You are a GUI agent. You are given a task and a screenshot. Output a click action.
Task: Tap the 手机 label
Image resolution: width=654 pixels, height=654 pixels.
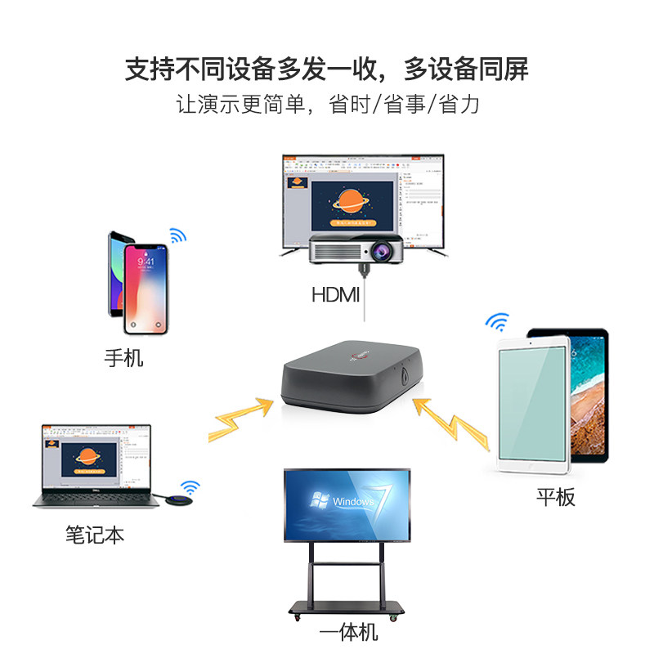(x=123, y=358)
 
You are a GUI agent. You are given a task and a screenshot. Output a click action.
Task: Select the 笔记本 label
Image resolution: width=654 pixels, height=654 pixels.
(x=95, y=535)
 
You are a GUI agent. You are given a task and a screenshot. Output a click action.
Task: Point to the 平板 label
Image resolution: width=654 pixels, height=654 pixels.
(x=556, y=496)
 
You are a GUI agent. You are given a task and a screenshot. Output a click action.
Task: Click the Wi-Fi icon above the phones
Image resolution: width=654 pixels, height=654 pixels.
(x=177, y=236)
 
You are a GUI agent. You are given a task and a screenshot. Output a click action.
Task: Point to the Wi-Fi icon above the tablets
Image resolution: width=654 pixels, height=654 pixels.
(x=496, y=320)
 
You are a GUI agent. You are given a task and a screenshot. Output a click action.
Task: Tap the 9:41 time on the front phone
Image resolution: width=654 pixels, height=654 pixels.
(x=146, y=262)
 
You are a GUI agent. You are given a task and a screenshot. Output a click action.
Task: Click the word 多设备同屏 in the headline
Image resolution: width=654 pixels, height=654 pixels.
(x=466, y=69)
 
